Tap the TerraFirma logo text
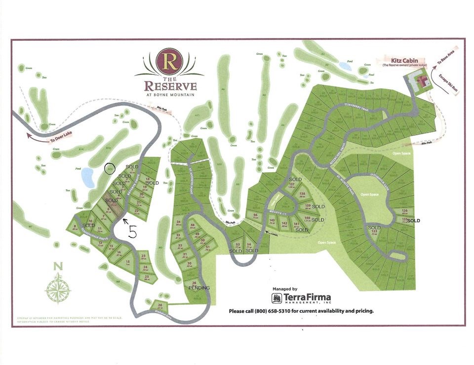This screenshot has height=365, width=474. (306, 298)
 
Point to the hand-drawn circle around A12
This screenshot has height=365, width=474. (110, 169)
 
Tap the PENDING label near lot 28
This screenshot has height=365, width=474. (199, 288)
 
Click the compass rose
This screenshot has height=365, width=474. (58, 288)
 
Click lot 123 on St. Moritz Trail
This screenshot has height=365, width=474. (375, 231)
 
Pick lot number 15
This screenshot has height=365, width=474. (128, 262)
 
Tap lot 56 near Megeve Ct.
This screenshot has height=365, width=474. (255, 216)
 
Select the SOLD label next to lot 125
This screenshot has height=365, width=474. (413, 220)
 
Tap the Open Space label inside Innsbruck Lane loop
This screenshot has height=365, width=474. (370, 194)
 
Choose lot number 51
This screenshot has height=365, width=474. (208, 248)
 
